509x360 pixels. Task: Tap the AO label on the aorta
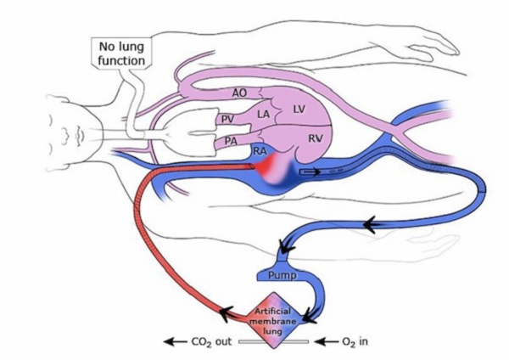point(240,93)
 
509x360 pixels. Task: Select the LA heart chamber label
point(264,114)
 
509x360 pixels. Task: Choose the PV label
point(227,121)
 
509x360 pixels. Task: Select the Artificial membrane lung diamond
point(274,320)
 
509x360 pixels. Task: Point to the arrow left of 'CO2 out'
point(175,342)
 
